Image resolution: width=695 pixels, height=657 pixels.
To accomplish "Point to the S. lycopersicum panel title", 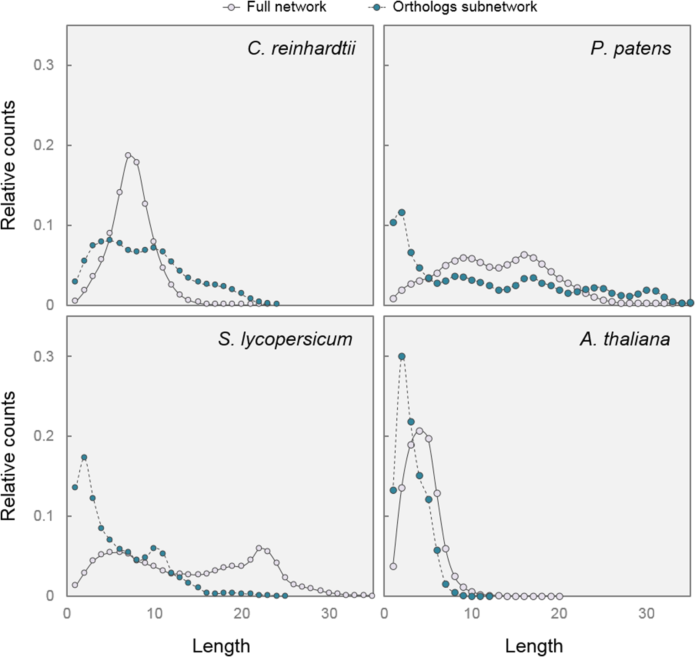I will point(285,339).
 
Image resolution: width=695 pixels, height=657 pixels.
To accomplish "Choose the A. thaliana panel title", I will point(625,339).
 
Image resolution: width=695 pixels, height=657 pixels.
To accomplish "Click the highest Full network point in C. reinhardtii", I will point(128,155).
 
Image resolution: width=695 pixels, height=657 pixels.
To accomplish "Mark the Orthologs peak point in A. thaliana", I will point(402,356).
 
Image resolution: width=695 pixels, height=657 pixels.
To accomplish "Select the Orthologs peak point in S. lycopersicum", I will point(84,457).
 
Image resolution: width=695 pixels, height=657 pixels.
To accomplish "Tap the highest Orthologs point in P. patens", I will point(402,212).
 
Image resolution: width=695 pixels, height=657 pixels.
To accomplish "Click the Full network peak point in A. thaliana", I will point(419,431).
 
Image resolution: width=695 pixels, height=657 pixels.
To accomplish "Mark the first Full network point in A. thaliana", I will point(393,566).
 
